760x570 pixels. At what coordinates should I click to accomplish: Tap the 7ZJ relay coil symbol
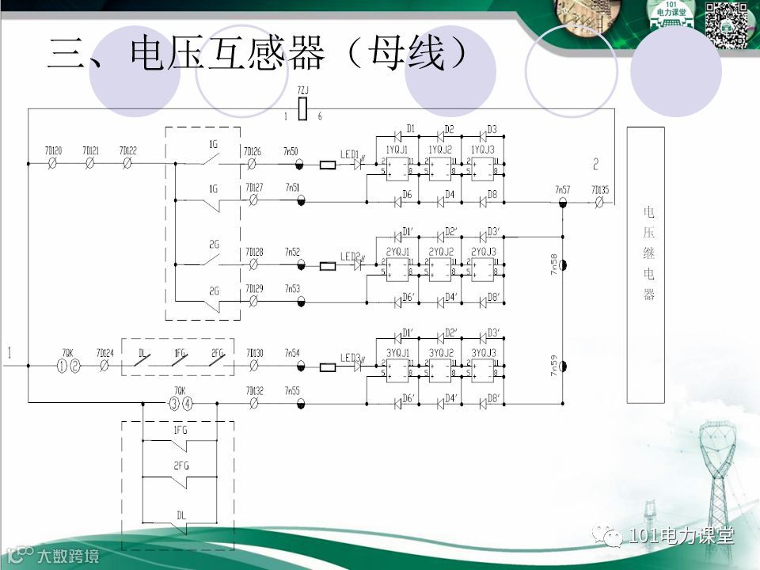coord(302,110)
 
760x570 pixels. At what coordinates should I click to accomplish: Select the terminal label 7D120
coord(54,150)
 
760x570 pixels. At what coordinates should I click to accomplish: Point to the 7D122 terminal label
coord(127,150)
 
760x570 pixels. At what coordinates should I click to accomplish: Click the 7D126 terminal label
coord(253,150)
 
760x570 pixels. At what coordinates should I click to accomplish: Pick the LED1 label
coord(349,154)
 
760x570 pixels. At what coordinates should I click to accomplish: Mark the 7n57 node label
coord(562,190)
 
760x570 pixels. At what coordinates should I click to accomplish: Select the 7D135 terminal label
coord(599,190)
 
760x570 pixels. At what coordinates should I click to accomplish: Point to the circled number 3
coord(174,404)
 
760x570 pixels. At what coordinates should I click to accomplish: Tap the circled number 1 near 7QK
coord(63,366)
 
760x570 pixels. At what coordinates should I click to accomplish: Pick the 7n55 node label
coord(292,390)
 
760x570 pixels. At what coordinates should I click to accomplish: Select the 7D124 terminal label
coord(104,352)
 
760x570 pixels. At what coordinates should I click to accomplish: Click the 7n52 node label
coord(292,251)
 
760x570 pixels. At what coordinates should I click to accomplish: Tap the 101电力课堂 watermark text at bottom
coord(681,536)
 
